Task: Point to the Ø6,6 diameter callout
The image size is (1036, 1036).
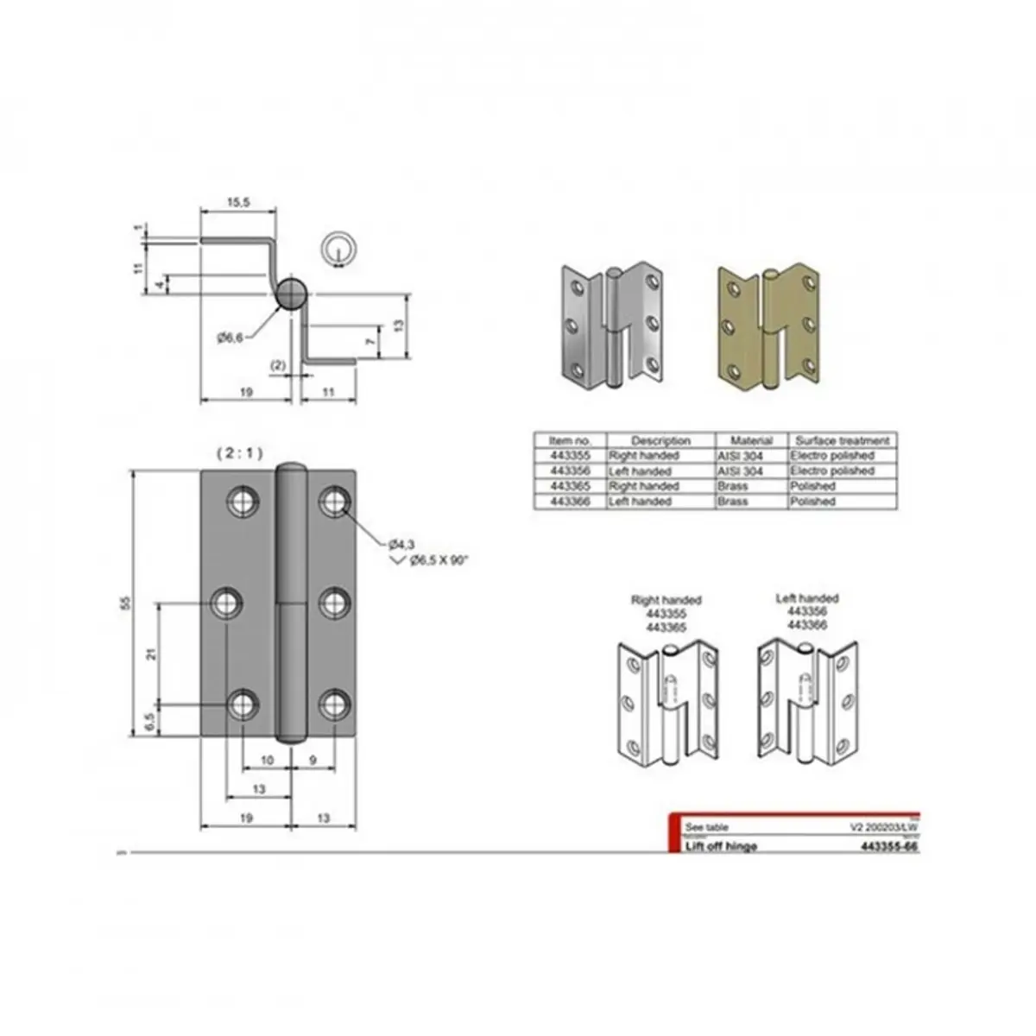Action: pos(229,338)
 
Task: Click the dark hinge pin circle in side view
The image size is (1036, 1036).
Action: pos(291,294)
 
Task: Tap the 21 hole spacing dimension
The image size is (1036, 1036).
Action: pos(151,654)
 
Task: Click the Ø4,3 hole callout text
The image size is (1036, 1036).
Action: pos(402,543)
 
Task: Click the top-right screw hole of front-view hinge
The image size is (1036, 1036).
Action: pos(333,501)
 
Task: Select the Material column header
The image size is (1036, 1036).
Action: pos(750,440)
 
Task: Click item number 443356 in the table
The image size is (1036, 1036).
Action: pos(570,471)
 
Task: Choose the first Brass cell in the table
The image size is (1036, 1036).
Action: pos(734,487)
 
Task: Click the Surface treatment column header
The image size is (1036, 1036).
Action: pos(841,440)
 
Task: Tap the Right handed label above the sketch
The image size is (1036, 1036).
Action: pos(666,599)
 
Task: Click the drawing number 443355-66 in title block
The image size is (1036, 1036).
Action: pos(889,847)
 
